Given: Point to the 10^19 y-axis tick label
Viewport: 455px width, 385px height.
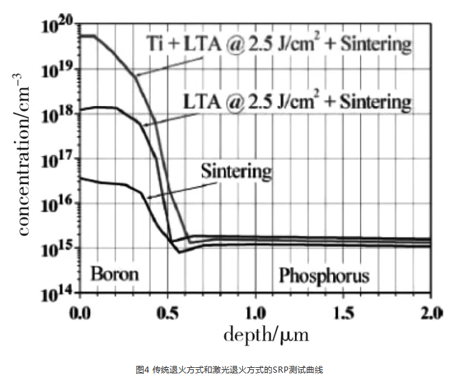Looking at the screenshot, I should (57, 71).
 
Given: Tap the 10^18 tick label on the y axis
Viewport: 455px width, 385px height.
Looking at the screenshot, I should (57, 116).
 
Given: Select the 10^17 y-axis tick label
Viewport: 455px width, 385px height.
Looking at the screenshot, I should (57, 160).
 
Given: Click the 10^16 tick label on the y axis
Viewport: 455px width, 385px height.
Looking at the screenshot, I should (57, 204).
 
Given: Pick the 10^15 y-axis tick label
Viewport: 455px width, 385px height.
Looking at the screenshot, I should (57, 249).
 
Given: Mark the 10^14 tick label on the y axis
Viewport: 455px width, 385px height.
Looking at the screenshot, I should (57, 294).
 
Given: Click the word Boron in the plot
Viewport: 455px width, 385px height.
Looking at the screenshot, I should (114, 274).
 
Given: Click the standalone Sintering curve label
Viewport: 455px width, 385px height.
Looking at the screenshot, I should (236, 170).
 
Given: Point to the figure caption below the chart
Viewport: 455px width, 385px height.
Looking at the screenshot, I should (228, 370).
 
